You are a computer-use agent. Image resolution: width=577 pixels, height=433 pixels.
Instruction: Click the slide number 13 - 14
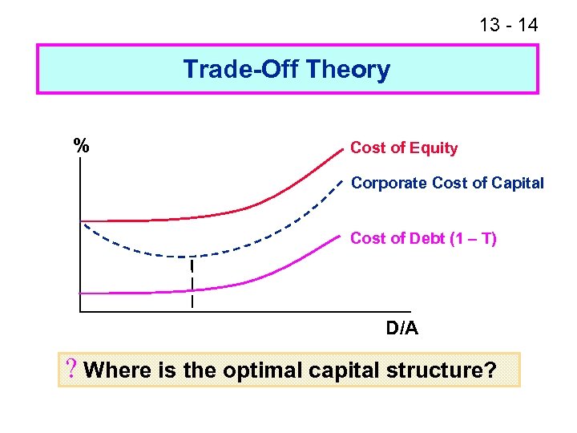pyautogui.click(x=508, y=25)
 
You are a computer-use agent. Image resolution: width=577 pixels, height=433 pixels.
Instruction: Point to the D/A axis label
pyautogui.click(x=401, y=329)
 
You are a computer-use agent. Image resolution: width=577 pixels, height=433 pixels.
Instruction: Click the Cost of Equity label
pyautogui.click(x=404, y=148)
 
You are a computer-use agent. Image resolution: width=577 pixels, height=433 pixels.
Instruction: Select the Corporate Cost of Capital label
pyautogui.click(x=447, y=183)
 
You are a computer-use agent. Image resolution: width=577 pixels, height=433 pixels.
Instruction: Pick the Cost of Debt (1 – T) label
pyautogui.click(x=423, y=238)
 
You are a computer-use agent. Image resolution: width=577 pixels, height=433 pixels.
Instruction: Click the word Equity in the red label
pyautogui.click(x=434, y=148)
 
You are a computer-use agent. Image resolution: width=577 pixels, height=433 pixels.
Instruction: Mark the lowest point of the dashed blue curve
pyautogui.click(x=191, y=257)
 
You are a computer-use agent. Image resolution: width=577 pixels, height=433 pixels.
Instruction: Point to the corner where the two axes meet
pyautogui.click(x=80, y=310)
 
